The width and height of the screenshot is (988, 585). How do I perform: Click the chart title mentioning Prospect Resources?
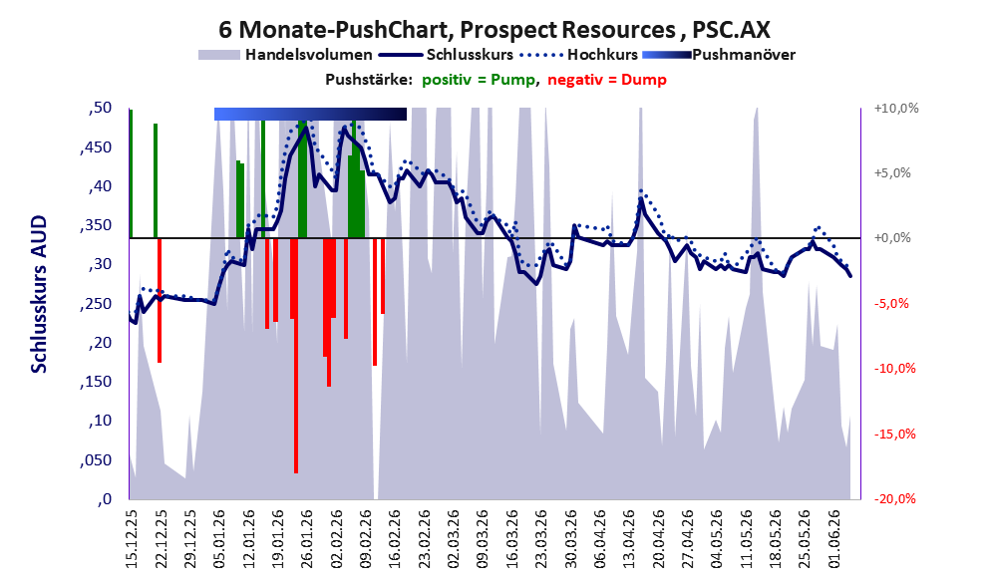click(x=494, y=30)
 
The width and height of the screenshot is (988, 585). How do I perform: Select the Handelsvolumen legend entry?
click(x=285, y=55)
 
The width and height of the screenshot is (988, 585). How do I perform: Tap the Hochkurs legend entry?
click(x=579, y=55)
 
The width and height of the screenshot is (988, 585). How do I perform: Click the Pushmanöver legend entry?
click(x=719, y=55)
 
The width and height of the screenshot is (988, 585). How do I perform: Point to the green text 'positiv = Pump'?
click(x=479, y=80)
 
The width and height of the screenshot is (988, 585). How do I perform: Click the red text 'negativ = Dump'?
click(x=607, y=80)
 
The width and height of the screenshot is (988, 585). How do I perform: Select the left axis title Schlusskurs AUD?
click(x=39, y=294)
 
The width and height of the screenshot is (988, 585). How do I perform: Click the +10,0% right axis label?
click(x=896, y=109)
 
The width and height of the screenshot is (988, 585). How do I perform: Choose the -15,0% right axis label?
click(x=894, y=434)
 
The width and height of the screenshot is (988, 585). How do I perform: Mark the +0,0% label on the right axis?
click(x=892, y=238)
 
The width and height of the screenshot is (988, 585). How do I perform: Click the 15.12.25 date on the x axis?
click(x=131, y=538)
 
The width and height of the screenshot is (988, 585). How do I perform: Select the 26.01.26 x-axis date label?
click(x=306, y=538)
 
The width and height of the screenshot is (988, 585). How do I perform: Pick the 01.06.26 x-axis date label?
click(x=834, y=538)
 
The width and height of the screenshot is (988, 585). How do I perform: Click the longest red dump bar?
click(x=295, y=355)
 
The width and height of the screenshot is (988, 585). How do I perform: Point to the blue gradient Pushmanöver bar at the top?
click(x=310, y=114)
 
